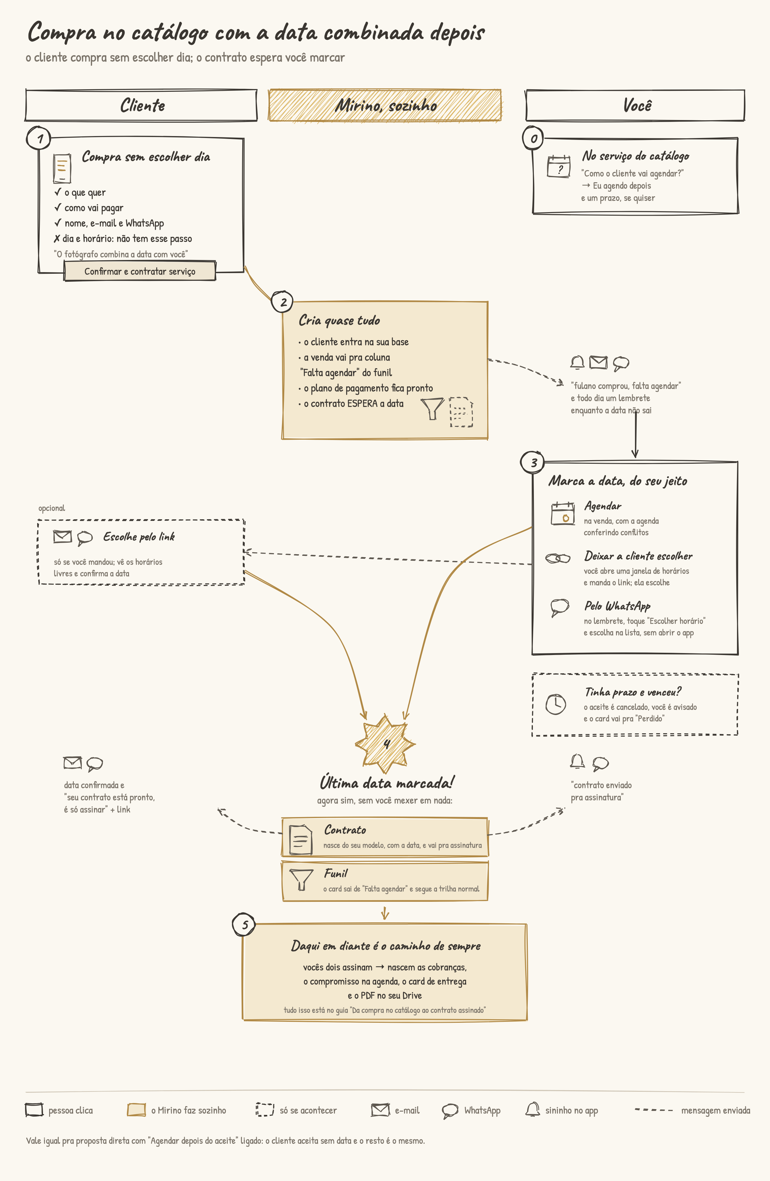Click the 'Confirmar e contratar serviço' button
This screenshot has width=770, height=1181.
tap(140, 271)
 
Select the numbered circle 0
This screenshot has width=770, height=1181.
tap(533, 138)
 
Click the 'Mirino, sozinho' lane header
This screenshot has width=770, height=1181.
tap(385, 105)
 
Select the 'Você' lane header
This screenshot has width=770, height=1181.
tap(636, 105)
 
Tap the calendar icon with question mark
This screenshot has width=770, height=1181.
tap(559, 166)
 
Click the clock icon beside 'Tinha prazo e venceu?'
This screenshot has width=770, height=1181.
tap(556, 704)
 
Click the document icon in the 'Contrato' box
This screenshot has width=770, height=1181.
tap(301, 840)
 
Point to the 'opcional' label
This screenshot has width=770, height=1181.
tap(52, 508)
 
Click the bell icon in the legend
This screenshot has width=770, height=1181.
tap(532, 1109)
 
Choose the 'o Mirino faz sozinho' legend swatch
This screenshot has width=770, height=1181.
tap(136, 1109)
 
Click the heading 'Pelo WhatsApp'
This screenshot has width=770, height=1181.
tap(617, 606)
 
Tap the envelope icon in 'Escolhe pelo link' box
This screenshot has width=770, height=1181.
tap(63, 536)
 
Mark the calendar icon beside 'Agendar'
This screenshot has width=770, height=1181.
tap(563, 513)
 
